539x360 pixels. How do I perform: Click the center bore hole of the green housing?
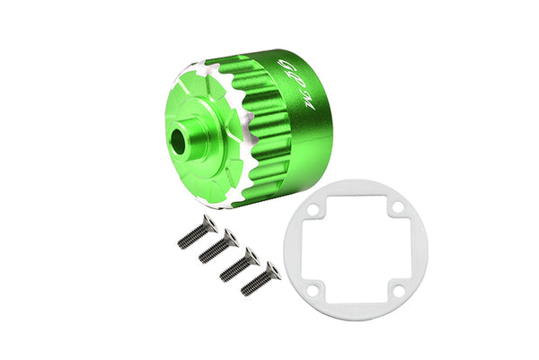[x=180, y=143]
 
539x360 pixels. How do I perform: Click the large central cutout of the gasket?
[x=342, y=241]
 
